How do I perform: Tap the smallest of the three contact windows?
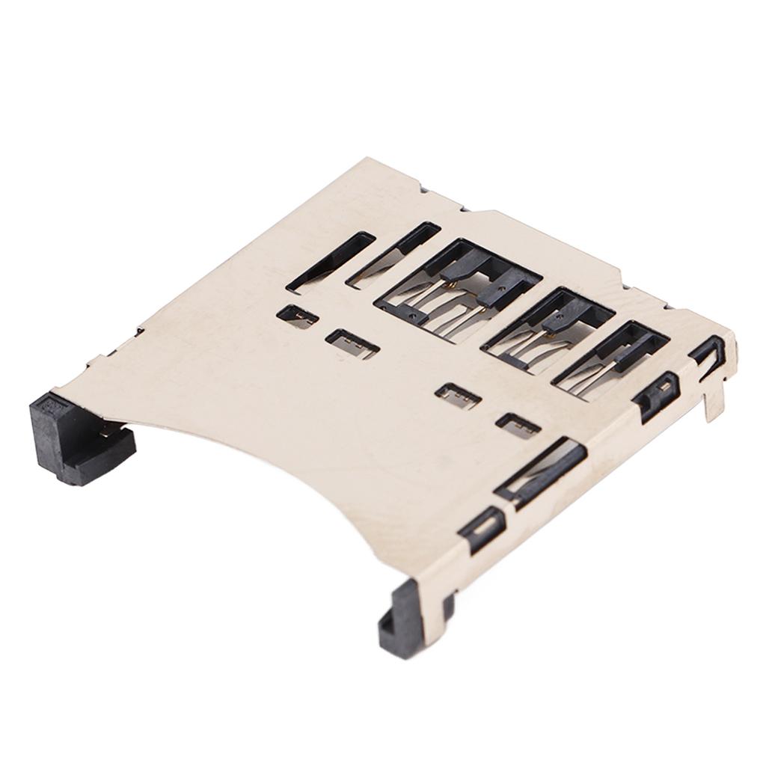610,359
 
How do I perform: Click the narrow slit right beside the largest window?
393,254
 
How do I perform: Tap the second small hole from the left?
352,343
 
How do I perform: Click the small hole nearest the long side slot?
518,426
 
